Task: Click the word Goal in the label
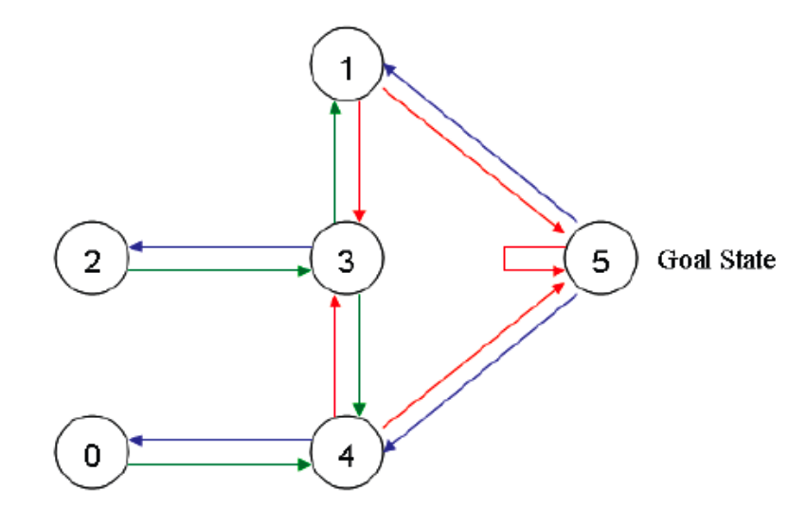(x=682, y=260)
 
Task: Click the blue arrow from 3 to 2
(x=223, y=247)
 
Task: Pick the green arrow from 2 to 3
(x=223, y=271)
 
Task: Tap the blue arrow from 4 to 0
(x=223, y=441)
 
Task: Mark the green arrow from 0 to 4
(x=223, y=465)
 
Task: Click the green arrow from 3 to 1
(x=333, y=161)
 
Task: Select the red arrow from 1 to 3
(x=359, y=161)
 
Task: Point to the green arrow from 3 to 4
(x=359, y=355)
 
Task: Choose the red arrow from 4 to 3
(x=333, y=355)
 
